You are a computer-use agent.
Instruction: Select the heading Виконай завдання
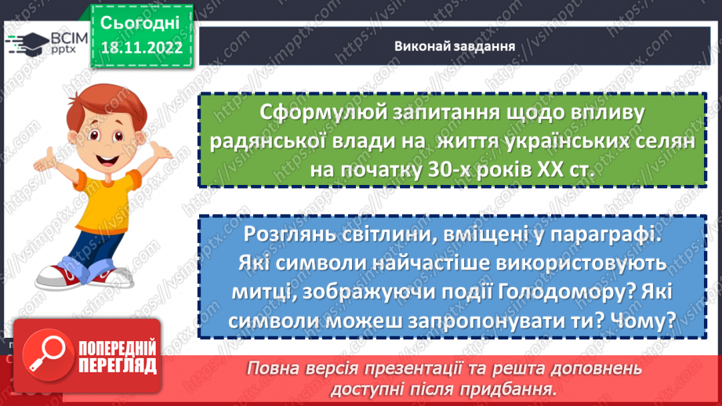click(x=454, y=45)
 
